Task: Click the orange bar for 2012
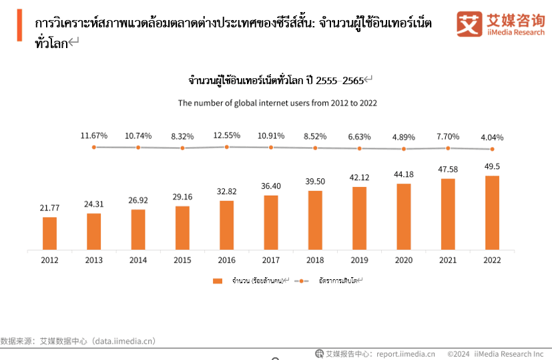click(50, 232)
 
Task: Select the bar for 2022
click(492, 212)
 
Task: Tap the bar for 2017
click(271, 222)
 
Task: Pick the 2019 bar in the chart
click(359, 218)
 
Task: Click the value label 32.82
click(227, 190)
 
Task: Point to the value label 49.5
click(492, 166)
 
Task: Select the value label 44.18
click(403, 174)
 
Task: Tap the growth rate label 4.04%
click(491, 138)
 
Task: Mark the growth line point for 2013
click(94, 147)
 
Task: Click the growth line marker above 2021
click(448, 148)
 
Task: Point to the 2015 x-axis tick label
click(182, 260)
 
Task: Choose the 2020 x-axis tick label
click(403, 260)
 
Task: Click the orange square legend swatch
click(217, 281)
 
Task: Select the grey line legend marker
click(302, 281)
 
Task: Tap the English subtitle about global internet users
click(277, 103)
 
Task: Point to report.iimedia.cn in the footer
click(405, 354)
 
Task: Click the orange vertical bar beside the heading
click(20, 26)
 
